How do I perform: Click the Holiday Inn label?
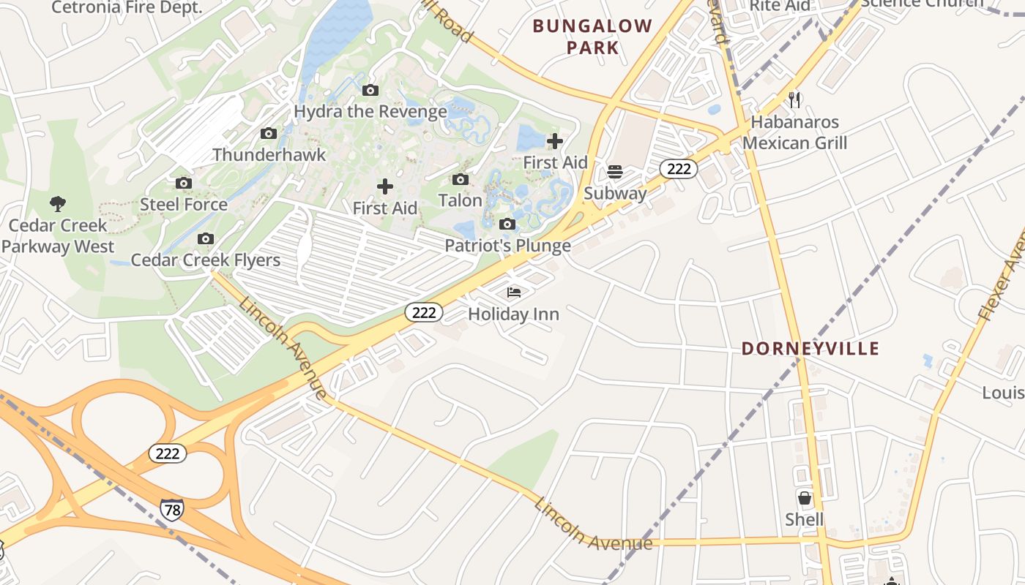(x=513, y=314)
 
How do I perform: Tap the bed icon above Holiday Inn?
(x=514, y=292)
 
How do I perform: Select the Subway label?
(x=615, y=194)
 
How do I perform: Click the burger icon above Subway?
(x=615, y=172)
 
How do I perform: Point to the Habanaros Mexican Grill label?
(x=795, y=132)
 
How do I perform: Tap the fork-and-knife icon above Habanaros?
(x=794, y=99)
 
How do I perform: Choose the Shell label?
(x=805, y=520)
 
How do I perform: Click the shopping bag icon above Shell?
(x=805, y=499)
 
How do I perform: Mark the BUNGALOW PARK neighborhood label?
(x=592, y=37)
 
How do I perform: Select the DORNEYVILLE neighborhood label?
(x=810, y=349)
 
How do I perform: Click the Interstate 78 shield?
(x=171, y=510)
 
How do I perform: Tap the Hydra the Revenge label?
(x=370, y=112)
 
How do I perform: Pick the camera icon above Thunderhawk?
(x=269, y=133)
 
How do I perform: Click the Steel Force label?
(x=184, y=205)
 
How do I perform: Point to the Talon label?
(x=461, y=200)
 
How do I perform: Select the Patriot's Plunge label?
(x=508, y=246)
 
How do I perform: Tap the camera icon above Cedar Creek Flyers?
(x=206, y=238)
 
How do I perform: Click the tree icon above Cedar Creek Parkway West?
(x=58, y=203)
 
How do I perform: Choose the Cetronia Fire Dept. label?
(x=127, y=8)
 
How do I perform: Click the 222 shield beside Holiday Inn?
(x=424, y=313)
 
